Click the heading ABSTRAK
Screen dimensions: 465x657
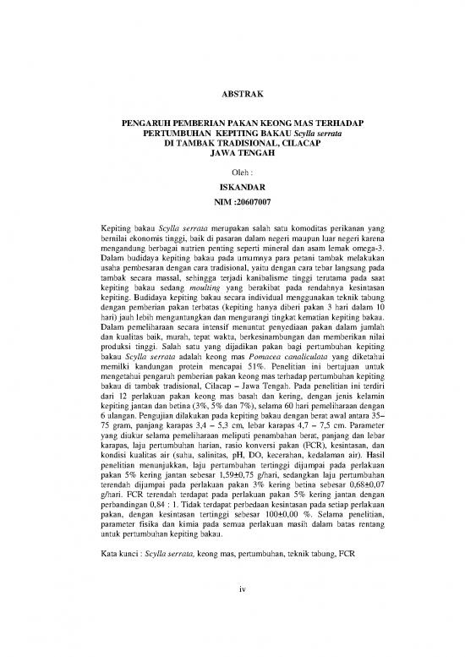(x=232, y=92)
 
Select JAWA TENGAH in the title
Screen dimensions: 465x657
(x=232, y=154)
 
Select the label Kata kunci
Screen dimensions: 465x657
(x=118, y=558)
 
